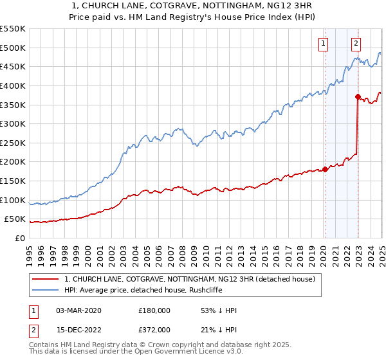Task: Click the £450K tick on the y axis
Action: [x=13, y=66]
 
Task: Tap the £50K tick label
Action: [x=15, y=219]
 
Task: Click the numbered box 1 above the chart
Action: [x=323, y=44]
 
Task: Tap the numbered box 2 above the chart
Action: [x=356, y=44]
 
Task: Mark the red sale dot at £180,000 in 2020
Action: [x=325, y=169]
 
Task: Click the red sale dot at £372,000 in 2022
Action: [x=358, y=96]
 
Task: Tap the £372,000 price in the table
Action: [x=154, y=330]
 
